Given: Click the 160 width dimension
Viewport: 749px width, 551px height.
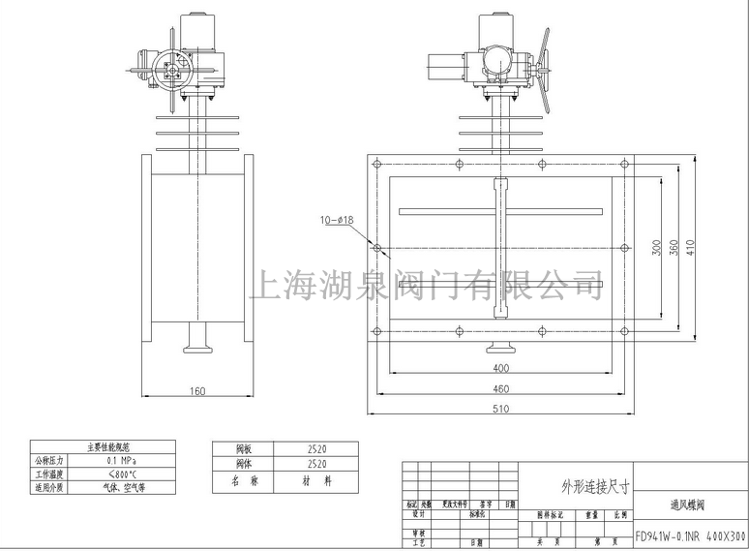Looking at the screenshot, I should point(197,391).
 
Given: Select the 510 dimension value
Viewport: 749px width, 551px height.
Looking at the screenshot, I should point(500,409).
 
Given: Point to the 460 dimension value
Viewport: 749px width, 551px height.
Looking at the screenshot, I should point(500,388).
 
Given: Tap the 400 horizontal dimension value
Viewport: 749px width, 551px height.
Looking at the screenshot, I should point(500,369).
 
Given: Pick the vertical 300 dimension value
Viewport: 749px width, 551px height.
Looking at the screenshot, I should point(655,247).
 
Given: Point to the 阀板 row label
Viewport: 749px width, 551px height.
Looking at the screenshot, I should point(244,449).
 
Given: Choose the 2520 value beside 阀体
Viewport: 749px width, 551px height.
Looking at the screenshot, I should point(316,464).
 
